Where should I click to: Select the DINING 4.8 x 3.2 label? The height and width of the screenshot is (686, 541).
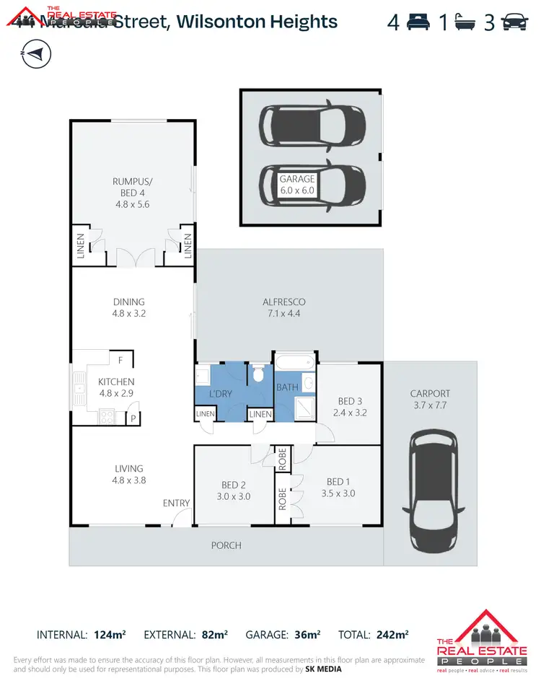[x=129, y=308]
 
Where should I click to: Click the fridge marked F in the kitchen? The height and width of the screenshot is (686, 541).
[x=120, y=359]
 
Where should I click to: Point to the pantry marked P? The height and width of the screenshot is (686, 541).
[x=133, y=418]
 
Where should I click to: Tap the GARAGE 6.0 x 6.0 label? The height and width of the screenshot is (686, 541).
[x=297, y=185]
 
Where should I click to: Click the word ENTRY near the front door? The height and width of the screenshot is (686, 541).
[x=177, y=503]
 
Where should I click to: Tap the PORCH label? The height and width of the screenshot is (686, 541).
[x=225, y=545]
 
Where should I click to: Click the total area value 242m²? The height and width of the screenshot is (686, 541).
[x=392, y=635]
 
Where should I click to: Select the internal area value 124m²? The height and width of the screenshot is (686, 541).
[x=110, y=635]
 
